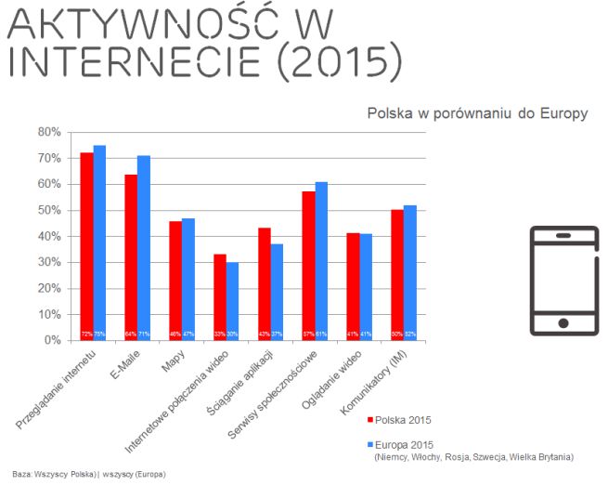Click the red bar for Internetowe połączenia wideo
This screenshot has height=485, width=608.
(x=220, y=297)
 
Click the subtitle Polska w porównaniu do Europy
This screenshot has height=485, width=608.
(x=477, y=113)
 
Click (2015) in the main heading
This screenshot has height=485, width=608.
(x=338, y=60)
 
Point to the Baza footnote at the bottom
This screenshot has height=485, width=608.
(x=88, y=473)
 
